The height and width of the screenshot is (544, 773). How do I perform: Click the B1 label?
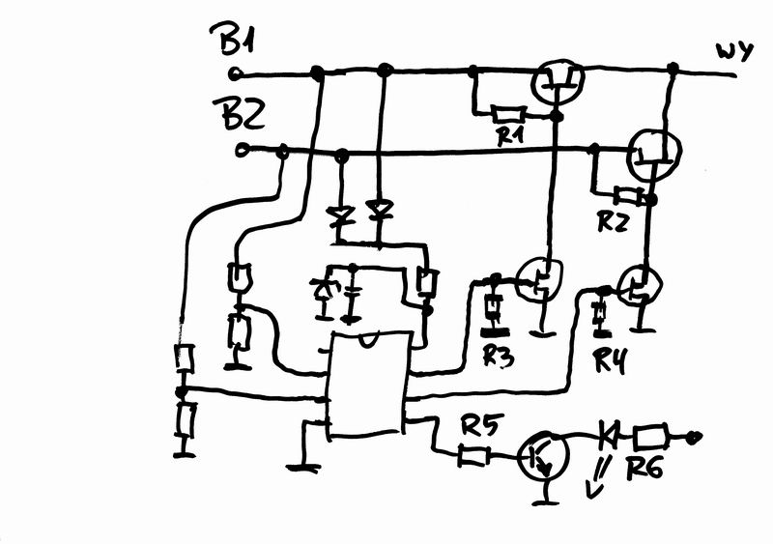click(x=232, y=39)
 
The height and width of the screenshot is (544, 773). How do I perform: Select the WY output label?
click(x=734, y=51)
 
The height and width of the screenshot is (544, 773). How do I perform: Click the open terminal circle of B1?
click(x=235, y=74)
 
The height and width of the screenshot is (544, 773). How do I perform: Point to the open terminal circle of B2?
click(x=242, y=150)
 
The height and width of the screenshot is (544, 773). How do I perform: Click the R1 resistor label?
click(x=509, y=134)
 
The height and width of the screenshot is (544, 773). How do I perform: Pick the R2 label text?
click(x=613, y=221)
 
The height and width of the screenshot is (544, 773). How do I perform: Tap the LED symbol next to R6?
click(x=608, y=435)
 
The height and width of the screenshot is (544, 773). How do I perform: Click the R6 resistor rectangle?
click(x=650, y=437)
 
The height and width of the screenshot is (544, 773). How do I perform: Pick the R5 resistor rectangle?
click(x=473, y=456)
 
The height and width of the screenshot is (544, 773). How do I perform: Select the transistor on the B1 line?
click(x=559, y=82)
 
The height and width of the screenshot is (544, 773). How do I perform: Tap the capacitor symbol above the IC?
click(x=352, y=296)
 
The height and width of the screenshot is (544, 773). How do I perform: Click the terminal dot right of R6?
click(x=695, y=437)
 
